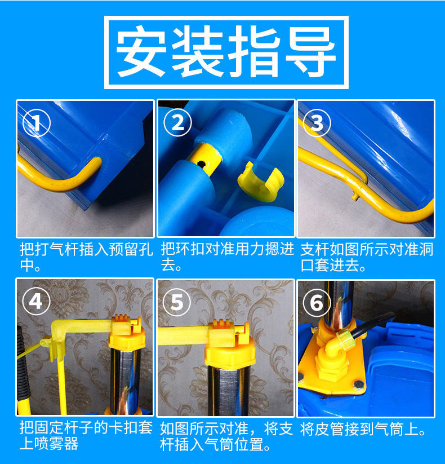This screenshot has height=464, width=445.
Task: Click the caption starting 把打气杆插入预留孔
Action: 85,257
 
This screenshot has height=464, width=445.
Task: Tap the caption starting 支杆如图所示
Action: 366,257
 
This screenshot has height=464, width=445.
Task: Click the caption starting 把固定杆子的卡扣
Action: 85,436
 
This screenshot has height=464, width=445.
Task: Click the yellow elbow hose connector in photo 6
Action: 343,344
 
